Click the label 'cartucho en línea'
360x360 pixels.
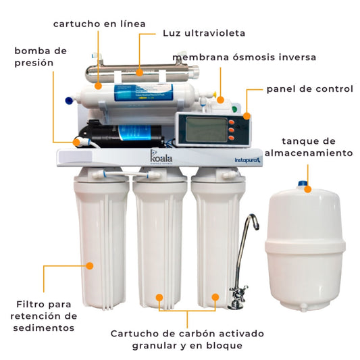coord(99,24)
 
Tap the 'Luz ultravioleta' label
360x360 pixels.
coord(204,32)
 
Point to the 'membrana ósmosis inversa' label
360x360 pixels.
coord(245,57)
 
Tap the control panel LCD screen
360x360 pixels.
coord(201,126)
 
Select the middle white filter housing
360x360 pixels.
coord(161,243)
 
